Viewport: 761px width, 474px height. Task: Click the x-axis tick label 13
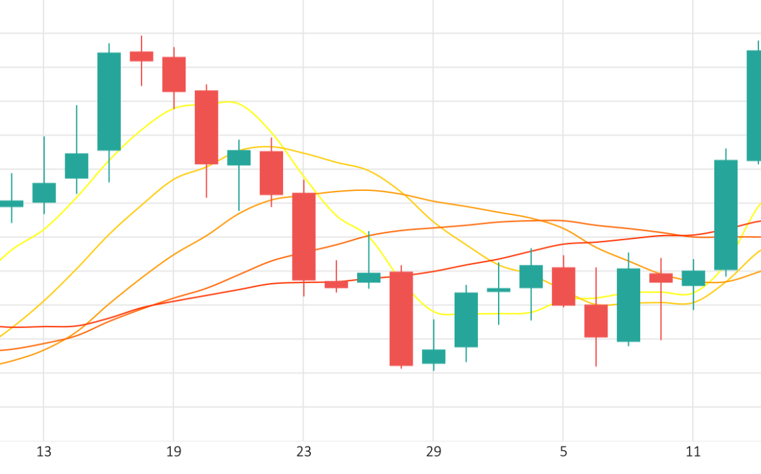pos(43,452)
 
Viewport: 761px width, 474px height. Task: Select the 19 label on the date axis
pos(174,452)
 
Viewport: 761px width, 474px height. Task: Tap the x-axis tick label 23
pos(303,452)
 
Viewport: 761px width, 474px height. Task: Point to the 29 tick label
pos(433,452)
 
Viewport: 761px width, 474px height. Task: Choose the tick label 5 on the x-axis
pos(563,452)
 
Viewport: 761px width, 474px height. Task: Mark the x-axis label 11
pos(693,452)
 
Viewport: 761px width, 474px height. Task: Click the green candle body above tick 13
pos(44,193)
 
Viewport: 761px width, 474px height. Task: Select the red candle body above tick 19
pos(174,74)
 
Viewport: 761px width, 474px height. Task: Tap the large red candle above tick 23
pos(304,236)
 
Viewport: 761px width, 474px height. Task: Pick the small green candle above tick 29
pos(434,356)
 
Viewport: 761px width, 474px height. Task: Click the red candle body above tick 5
pos(563,286)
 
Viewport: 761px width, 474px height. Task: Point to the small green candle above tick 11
pos(694,278)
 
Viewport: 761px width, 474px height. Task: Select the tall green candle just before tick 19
pos(109,101)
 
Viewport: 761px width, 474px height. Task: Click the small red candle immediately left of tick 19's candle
pos(142,56)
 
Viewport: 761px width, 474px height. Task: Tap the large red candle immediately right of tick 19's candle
pos(206,127)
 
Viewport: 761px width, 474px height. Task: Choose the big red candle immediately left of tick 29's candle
pos(401,318)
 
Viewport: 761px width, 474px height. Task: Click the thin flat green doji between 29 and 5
pos(499,290)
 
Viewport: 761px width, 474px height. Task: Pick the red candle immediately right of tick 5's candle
pos(596,320)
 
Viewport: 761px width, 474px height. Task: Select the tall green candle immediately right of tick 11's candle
pos(726,215)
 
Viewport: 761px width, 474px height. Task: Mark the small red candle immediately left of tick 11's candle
pos(661,278)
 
